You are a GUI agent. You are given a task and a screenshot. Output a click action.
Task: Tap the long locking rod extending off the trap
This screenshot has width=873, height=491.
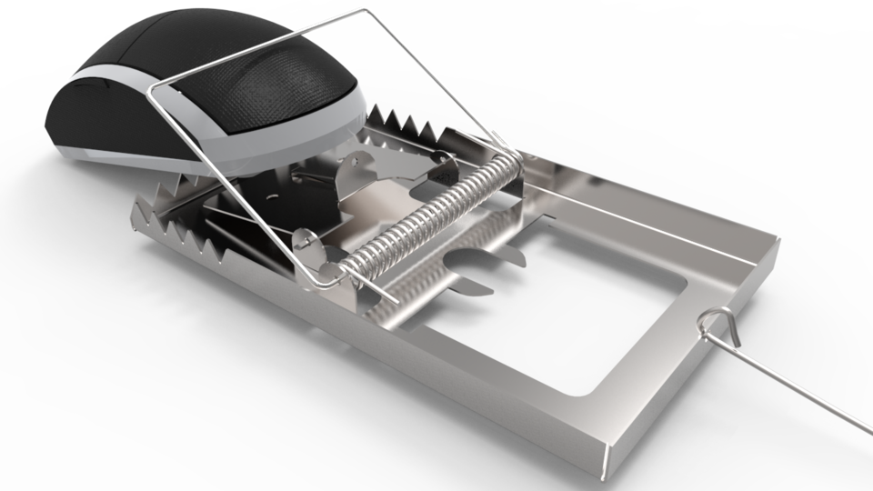(800, 391)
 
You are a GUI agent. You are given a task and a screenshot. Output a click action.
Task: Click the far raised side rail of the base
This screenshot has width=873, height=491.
(655, 214)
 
